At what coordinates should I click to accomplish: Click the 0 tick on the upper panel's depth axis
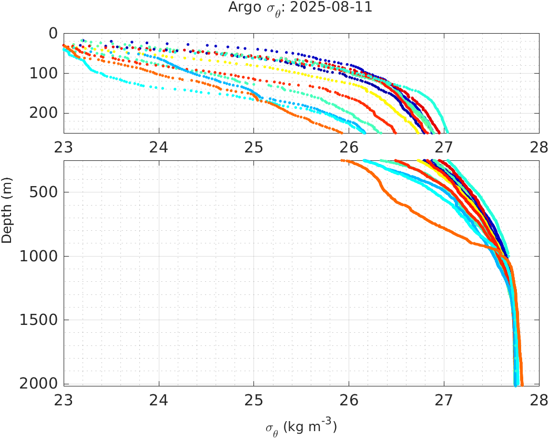click(x=53, y=33)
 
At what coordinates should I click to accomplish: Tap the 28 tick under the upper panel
click(x=538, y=147)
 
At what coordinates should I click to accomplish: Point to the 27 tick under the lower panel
click(x=444, y=401)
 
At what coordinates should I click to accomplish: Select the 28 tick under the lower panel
click(x=538, y=401)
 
